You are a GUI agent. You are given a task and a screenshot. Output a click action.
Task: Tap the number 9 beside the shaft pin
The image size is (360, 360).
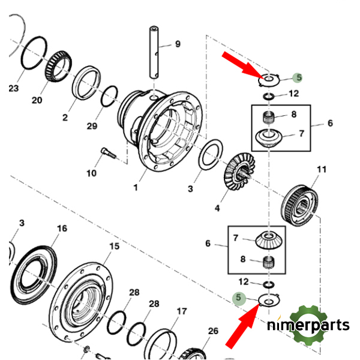177,44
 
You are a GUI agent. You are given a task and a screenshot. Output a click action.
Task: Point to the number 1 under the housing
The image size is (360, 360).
136,188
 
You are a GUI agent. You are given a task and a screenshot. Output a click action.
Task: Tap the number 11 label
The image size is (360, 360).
321,170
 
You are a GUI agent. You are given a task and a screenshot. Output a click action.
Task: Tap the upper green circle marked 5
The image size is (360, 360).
298,77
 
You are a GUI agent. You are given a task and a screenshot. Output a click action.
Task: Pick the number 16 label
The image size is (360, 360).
62,229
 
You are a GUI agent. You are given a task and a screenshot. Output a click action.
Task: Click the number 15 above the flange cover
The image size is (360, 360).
114,247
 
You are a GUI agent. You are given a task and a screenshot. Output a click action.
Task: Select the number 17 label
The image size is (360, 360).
181,311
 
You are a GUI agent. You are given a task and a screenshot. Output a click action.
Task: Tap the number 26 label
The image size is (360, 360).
213,331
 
